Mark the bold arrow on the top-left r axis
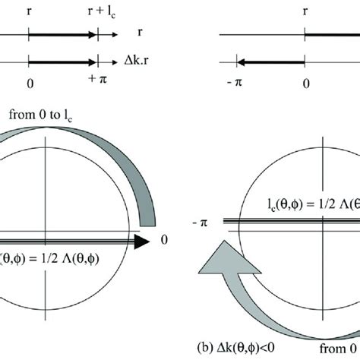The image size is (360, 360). tap(62, 34)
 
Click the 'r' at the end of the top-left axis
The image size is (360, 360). tap(141, 34)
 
